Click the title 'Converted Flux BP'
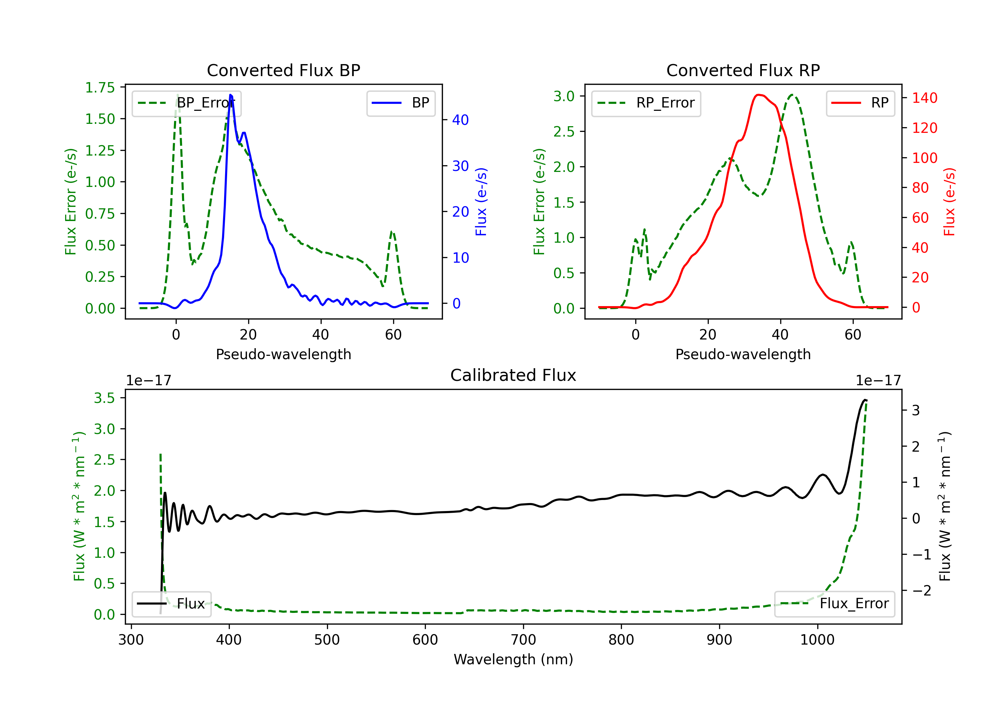click(x=283, y=70)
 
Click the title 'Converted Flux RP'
click(x=743, y=70)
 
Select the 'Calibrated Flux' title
click(x=513, y=375)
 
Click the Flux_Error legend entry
click(x=834, y=604)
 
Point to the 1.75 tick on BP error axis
click(x=100, y=88)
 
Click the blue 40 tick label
click(x=460, y=120)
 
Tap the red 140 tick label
click(x=925, y=98)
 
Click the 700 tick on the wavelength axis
click(x=523, y=640)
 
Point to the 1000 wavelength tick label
click(x=817, y=640)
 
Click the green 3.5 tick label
click(x=104, y=398)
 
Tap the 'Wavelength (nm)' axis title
click(x=513, y=660)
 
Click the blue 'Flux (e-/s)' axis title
click(x=481, y=202)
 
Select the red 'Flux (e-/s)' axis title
click(x=950, y=202)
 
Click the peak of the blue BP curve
click(x=230, y=95)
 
